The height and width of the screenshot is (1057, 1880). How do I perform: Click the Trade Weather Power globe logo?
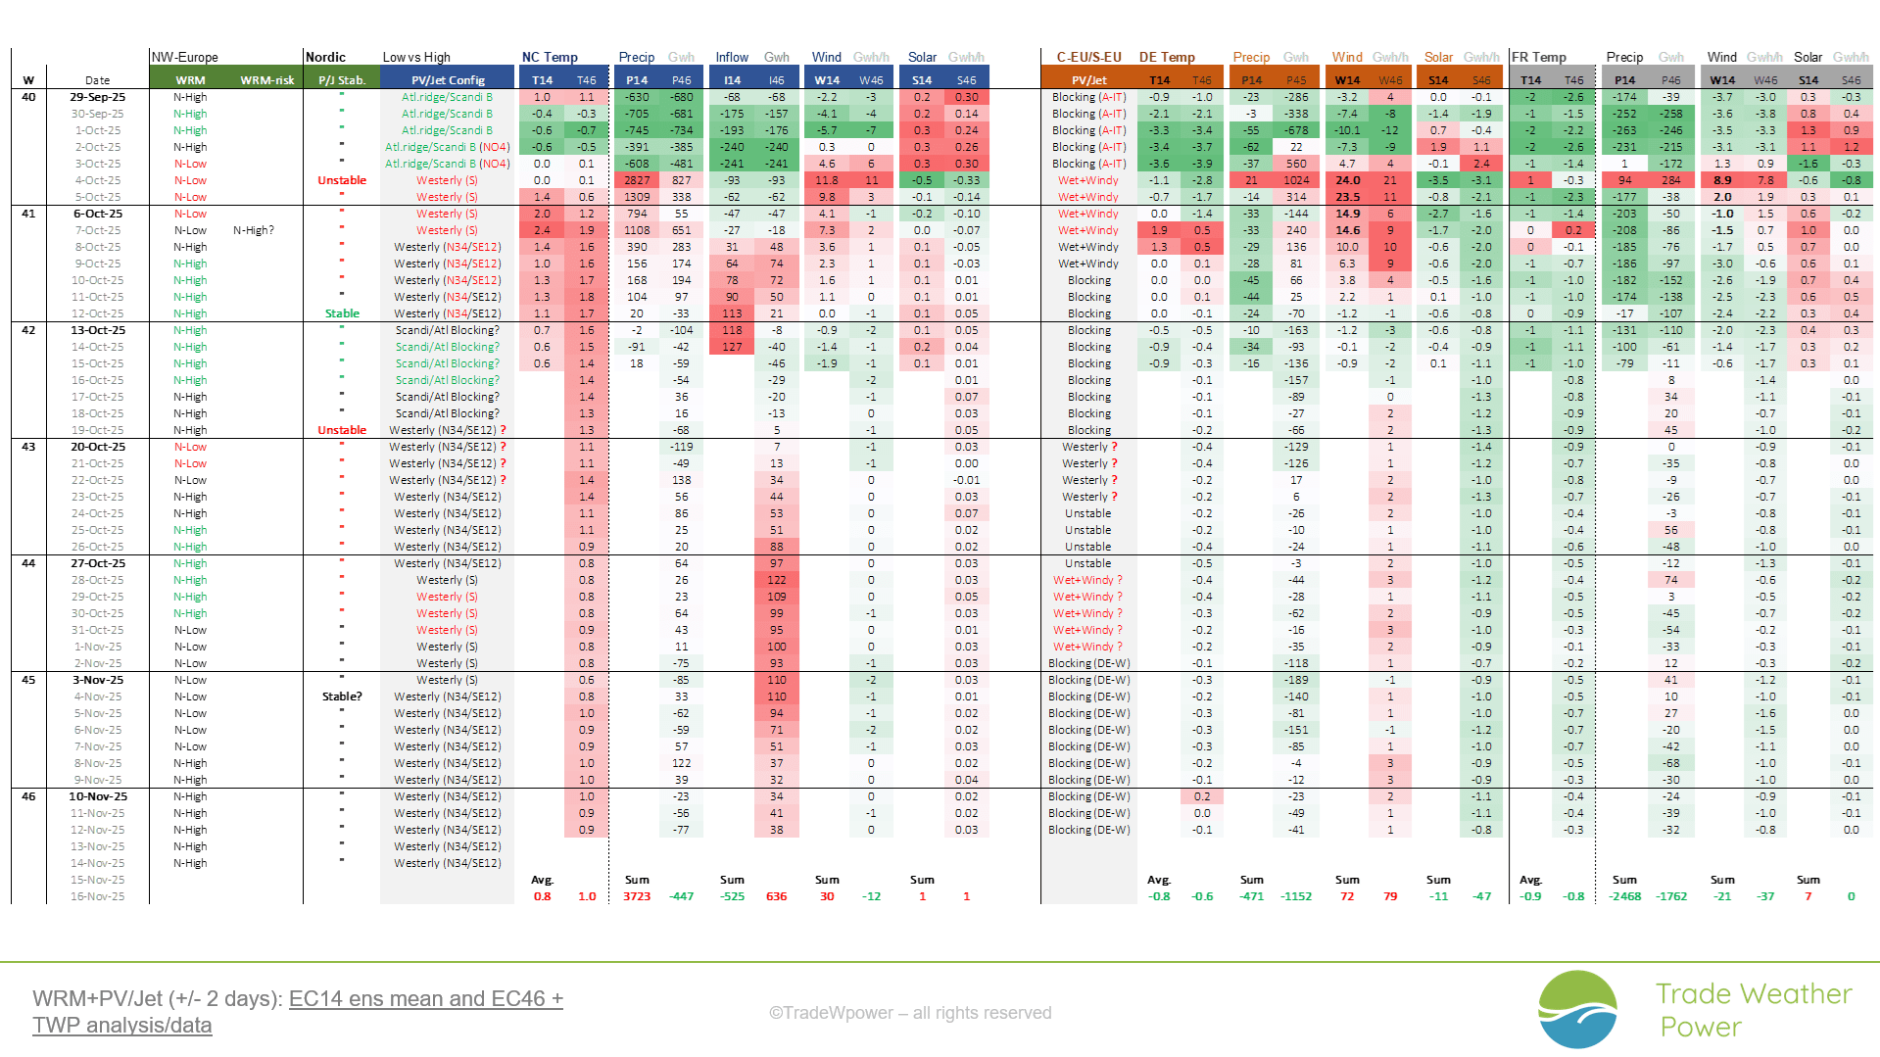pos(1577,1009)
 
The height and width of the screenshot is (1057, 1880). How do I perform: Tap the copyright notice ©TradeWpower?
pos(909,1013)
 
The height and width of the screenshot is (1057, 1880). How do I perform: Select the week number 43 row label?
pos(28,447)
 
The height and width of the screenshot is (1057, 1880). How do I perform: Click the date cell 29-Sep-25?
pos(97,97)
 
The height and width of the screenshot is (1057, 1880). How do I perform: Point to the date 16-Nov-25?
pos(97,896)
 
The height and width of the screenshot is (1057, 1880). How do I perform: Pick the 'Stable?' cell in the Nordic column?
pos(342,697)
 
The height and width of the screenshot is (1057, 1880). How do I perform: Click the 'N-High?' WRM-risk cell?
pos(254,230)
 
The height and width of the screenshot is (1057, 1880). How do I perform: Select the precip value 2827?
pos(637,180)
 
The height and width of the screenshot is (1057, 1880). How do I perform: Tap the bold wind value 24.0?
pos(1347,180)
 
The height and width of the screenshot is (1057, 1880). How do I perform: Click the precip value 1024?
pos(1296,180)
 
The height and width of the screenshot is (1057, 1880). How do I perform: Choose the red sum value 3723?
pos(637,896)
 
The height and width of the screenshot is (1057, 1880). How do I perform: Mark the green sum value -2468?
pos(1624,896)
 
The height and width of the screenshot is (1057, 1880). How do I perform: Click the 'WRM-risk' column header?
pos(267,80)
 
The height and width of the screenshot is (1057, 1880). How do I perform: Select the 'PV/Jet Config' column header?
pos(448,80)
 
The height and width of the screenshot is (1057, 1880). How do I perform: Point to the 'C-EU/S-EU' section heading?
pos(1088,57)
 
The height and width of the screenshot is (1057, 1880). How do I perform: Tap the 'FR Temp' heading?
pos(1539,57)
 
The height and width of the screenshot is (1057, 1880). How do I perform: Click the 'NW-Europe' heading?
pos(185,57)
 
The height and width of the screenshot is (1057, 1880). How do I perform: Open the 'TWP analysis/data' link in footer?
pos(122,1026)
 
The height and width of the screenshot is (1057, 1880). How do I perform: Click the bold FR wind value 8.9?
pos(1722,180)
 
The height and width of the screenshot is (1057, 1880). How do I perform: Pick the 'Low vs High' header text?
pos(416,57)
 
